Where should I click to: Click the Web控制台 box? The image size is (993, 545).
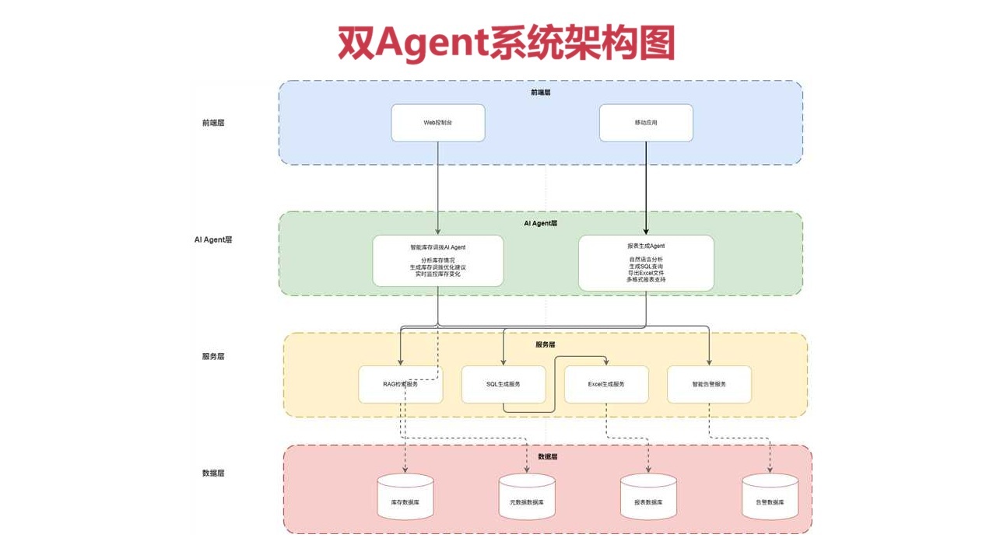click(x=437, y=123)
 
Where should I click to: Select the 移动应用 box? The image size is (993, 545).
click(x=646, y=123)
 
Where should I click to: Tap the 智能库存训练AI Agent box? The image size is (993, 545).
click(x=437, y=260)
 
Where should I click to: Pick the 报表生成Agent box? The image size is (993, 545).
click(x=646, y=263)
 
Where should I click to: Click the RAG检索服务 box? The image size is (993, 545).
click(x=400, y=384)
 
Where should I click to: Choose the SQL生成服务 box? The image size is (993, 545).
click(x=503, y=384)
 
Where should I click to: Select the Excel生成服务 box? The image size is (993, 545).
click(x=605, y=384)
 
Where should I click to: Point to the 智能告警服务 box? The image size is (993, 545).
click(x=709, y=384)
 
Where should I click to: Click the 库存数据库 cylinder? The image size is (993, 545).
click(x=405, y=498)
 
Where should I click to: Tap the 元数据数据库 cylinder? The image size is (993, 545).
click(x=527, y=498)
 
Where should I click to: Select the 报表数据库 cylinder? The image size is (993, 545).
click(x=648, y=498)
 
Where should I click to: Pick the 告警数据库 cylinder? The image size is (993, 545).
click(x=770, y=498)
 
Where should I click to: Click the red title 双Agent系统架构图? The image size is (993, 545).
click(x=506, y=43)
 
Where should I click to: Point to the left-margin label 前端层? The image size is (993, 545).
click(x=213, y=123)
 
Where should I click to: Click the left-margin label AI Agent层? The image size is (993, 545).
click(x=213, y=239)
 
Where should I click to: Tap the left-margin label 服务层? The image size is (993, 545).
click(x=213, y=356)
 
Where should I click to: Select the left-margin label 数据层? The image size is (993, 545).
click(x=213, y=473)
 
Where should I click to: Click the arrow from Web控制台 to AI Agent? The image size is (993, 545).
click(x=437, y=187)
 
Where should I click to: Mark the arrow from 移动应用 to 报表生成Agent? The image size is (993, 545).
click(x=646, y=187)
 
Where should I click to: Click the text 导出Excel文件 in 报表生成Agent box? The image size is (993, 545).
click(x=646, y=273)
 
